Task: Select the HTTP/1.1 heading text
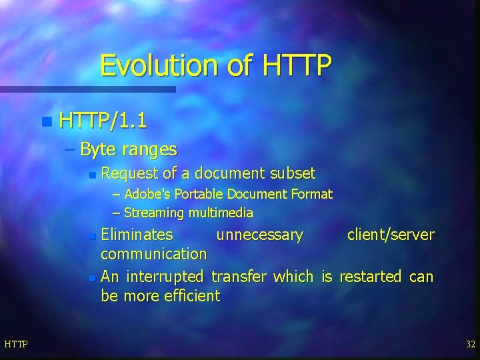tap(103, 121)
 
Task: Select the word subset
tap(293, 174)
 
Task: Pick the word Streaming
tap(155, 213)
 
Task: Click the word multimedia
tap(221, 213)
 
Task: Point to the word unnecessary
tap(259, 235)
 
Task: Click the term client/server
tap(390, 235)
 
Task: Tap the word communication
tap(153, 254)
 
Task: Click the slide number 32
tap(470, 344)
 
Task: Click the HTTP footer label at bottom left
tap(16, 344)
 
